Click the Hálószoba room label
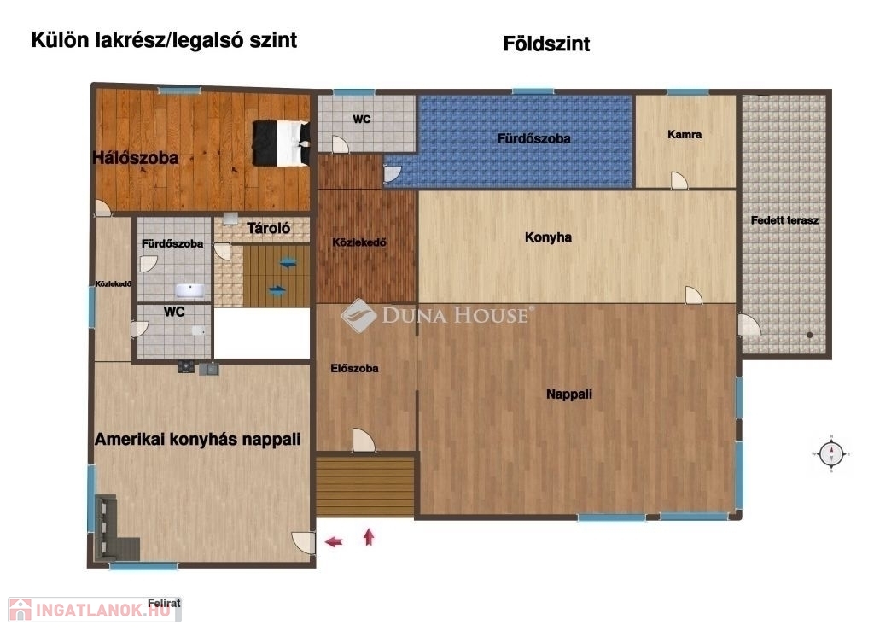tap(136, 158)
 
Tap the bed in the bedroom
tap(282, 143)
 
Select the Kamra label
tap(685, 134)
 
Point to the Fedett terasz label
tap(784, 220)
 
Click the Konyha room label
tap(548, 237)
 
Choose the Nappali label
tap(568, 394)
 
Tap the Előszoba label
tap(354, 369)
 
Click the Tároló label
tap(269, 228)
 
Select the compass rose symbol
tap(831, 453)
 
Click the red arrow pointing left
tap(334, 540)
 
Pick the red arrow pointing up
tap(369, 536)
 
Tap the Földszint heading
tap(546, 44)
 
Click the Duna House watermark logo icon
tap(358, 316)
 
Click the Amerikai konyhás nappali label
tap(197, 439)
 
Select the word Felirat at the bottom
tap(164, 603)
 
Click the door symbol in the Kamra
tap(679, 181)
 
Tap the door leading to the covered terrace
tap(749, 325)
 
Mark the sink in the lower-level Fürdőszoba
tap(190, 290)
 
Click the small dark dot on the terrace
tap(809, 335)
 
